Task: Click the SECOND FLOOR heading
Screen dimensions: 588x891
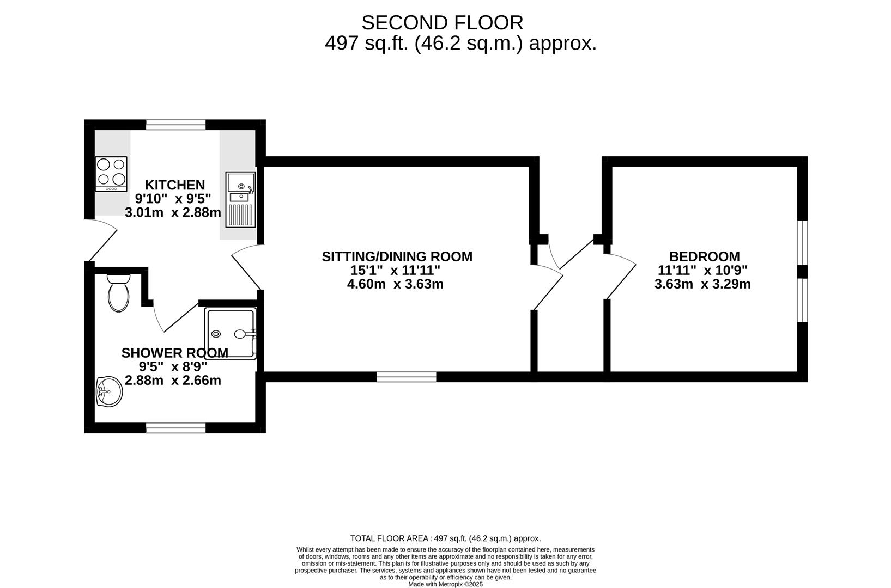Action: [442, 23]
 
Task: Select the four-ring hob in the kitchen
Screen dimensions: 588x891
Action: [111, 173]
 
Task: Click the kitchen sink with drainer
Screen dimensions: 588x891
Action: [240, 200]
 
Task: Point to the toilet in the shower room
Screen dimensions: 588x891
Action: [118, 293]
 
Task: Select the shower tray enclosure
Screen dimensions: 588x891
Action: [230, 334]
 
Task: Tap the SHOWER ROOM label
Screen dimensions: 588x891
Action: [174, 353]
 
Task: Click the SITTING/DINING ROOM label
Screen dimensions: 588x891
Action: [397, 256]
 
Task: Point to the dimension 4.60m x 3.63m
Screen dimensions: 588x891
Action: [395, 284]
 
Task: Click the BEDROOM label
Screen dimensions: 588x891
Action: [704, 256]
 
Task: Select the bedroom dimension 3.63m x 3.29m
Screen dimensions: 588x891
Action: [702, 284]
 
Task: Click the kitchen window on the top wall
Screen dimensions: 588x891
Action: [175, 125]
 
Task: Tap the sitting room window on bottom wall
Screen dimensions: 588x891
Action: [406, 376]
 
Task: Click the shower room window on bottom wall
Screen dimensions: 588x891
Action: [175, 428]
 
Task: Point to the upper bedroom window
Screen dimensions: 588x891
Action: [802, 242]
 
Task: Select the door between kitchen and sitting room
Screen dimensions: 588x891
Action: [246, 267]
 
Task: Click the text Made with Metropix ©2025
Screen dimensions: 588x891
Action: [445, 584]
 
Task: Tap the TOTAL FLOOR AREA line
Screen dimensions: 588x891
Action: [445, 538]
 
